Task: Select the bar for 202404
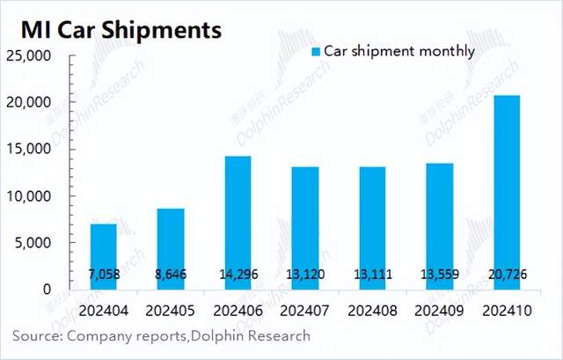[104, 256]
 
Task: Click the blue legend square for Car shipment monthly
[317, 51]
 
